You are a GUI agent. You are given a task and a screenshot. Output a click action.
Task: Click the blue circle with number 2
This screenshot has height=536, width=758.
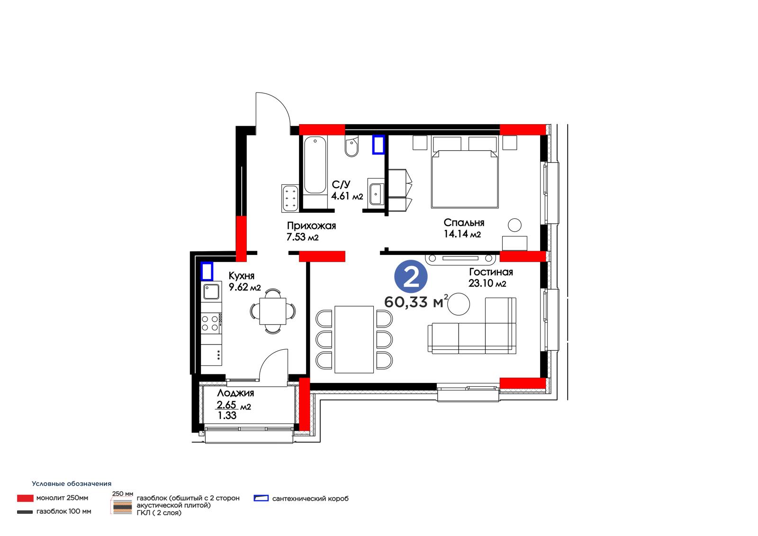(411, 276)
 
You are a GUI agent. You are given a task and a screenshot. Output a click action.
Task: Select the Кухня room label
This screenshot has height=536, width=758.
(241, 276)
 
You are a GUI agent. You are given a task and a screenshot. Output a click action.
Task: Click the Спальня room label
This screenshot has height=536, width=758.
(464, 222)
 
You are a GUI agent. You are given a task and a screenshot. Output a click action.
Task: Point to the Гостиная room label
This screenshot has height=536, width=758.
(491, 272)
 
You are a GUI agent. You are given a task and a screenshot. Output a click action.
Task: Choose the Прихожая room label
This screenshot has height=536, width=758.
(311, 226)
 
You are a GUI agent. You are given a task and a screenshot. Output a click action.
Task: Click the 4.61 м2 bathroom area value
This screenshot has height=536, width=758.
(347, 196)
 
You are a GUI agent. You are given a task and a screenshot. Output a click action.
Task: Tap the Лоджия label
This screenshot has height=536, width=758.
(235, 393)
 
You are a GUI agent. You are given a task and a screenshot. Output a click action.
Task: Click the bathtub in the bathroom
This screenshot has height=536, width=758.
(315, 165)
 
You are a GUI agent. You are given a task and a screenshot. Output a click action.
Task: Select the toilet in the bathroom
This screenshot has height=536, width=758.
(352, 146)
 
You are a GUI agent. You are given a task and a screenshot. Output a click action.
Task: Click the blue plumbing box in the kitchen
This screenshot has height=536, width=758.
(207, 271)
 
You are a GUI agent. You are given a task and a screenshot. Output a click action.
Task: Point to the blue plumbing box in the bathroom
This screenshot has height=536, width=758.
(379, 145)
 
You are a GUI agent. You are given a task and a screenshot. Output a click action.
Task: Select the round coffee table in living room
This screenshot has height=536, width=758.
(459, 304)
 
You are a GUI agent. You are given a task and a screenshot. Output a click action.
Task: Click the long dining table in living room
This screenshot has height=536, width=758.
(354, 340)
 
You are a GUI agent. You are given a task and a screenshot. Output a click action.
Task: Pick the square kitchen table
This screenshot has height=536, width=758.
(272, 311)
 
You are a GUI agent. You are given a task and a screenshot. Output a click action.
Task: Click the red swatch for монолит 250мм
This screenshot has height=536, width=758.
(26, 498)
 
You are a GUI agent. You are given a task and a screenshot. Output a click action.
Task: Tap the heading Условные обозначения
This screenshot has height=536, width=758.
(72, 483)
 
